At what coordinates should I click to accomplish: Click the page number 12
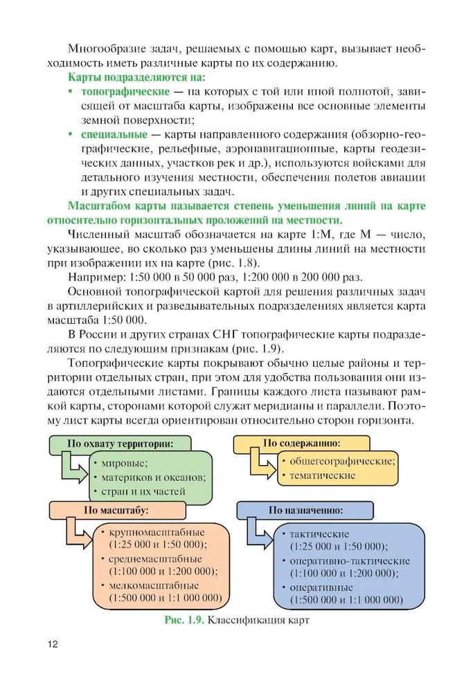[52, 644]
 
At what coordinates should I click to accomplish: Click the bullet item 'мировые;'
[125, 462]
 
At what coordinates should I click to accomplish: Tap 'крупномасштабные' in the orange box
[156, 532]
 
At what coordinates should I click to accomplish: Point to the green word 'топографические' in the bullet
[125, 91]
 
